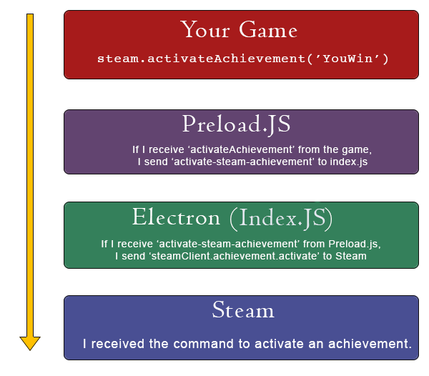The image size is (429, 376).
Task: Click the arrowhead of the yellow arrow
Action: point(30,343)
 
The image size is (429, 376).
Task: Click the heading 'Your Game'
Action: point(239,29)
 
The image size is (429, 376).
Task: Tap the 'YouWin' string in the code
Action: point(347,59)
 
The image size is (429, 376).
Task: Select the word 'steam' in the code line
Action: point(118,59)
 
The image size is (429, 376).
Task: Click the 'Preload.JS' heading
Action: point(236,124)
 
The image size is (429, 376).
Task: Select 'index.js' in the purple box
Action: point(349,162)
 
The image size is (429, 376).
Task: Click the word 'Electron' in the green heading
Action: point(176,217)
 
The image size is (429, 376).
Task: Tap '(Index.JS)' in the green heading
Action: point(281,218)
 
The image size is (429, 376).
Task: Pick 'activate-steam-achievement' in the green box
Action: point(228,244)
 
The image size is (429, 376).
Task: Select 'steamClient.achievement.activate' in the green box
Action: point(234,256)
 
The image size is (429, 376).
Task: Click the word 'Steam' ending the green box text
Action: point(351,256)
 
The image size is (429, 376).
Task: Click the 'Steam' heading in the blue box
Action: point(243,310)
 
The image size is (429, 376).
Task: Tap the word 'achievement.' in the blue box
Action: point(370,344)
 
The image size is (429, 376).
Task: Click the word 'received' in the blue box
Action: point(118,344)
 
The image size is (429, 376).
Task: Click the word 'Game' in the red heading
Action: point(268,29)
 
